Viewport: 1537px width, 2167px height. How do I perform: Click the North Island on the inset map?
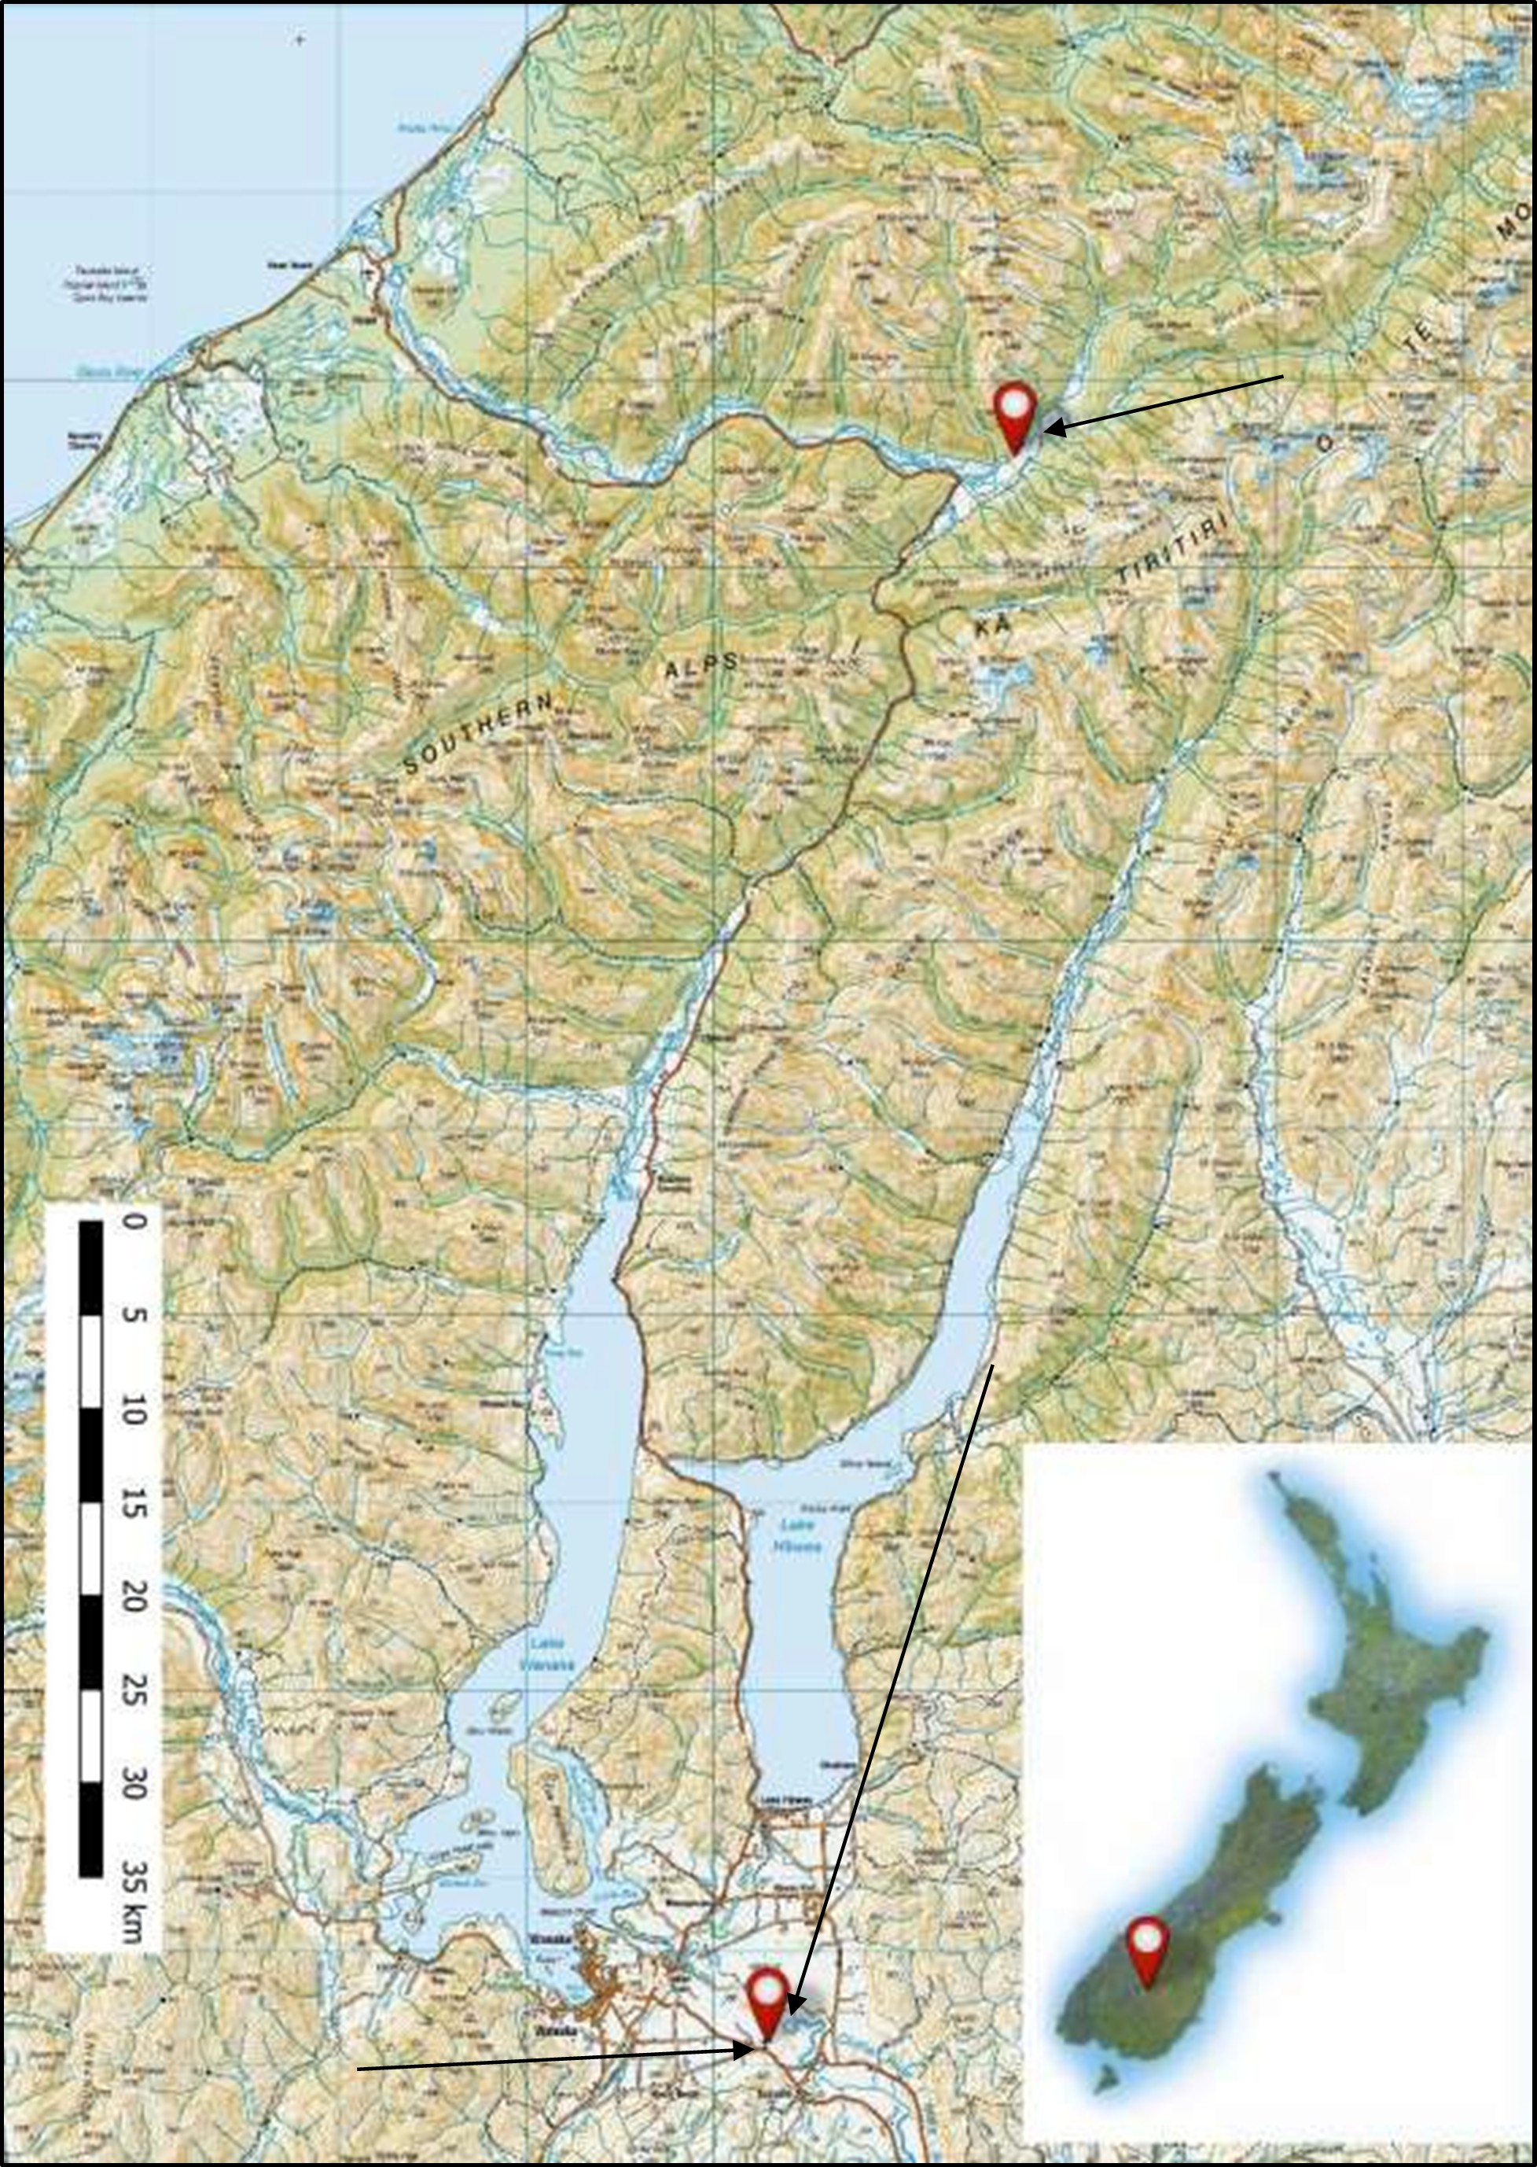pyautogui.click(x=1382, y=1666)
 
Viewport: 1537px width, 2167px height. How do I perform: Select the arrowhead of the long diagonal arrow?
pyautogui.click(x=794, y=2003)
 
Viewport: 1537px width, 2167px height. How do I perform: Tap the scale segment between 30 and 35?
pyautogui.click(x=91, y=1829)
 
